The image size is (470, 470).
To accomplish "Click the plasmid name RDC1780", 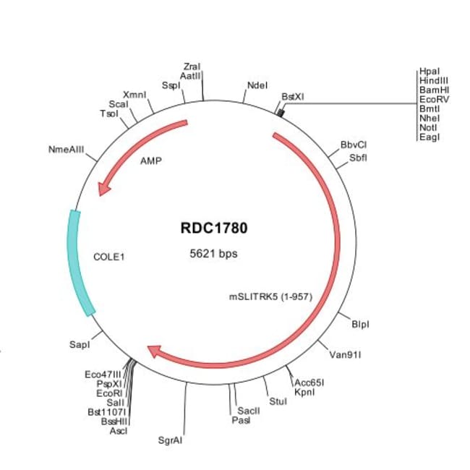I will coord(213,228).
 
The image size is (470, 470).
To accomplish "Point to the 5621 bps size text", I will coord(213,254).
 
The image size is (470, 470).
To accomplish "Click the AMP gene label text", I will coord(151,161).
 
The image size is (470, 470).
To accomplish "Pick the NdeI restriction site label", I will coord(257,85).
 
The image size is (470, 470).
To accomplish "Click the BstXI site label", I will coord(293,95).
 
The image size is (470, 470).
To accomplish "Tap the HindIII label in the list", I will coord(434,81).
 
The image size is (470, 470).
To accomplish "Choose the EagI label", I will coord(429,137).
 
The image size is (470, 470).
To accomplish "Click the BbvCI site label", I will coord(354,145).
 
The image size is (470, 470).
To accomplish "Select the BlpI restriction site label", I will coord(360,324).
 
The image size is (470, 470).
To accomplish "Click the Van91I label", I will coord(345,355).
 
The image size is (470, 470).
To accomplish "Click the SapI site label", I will coord(79,347).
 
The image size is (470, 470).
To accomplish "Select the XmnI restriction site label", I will coord(134,95).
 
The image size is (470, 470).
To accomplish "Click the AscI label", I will coord(118,430).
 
